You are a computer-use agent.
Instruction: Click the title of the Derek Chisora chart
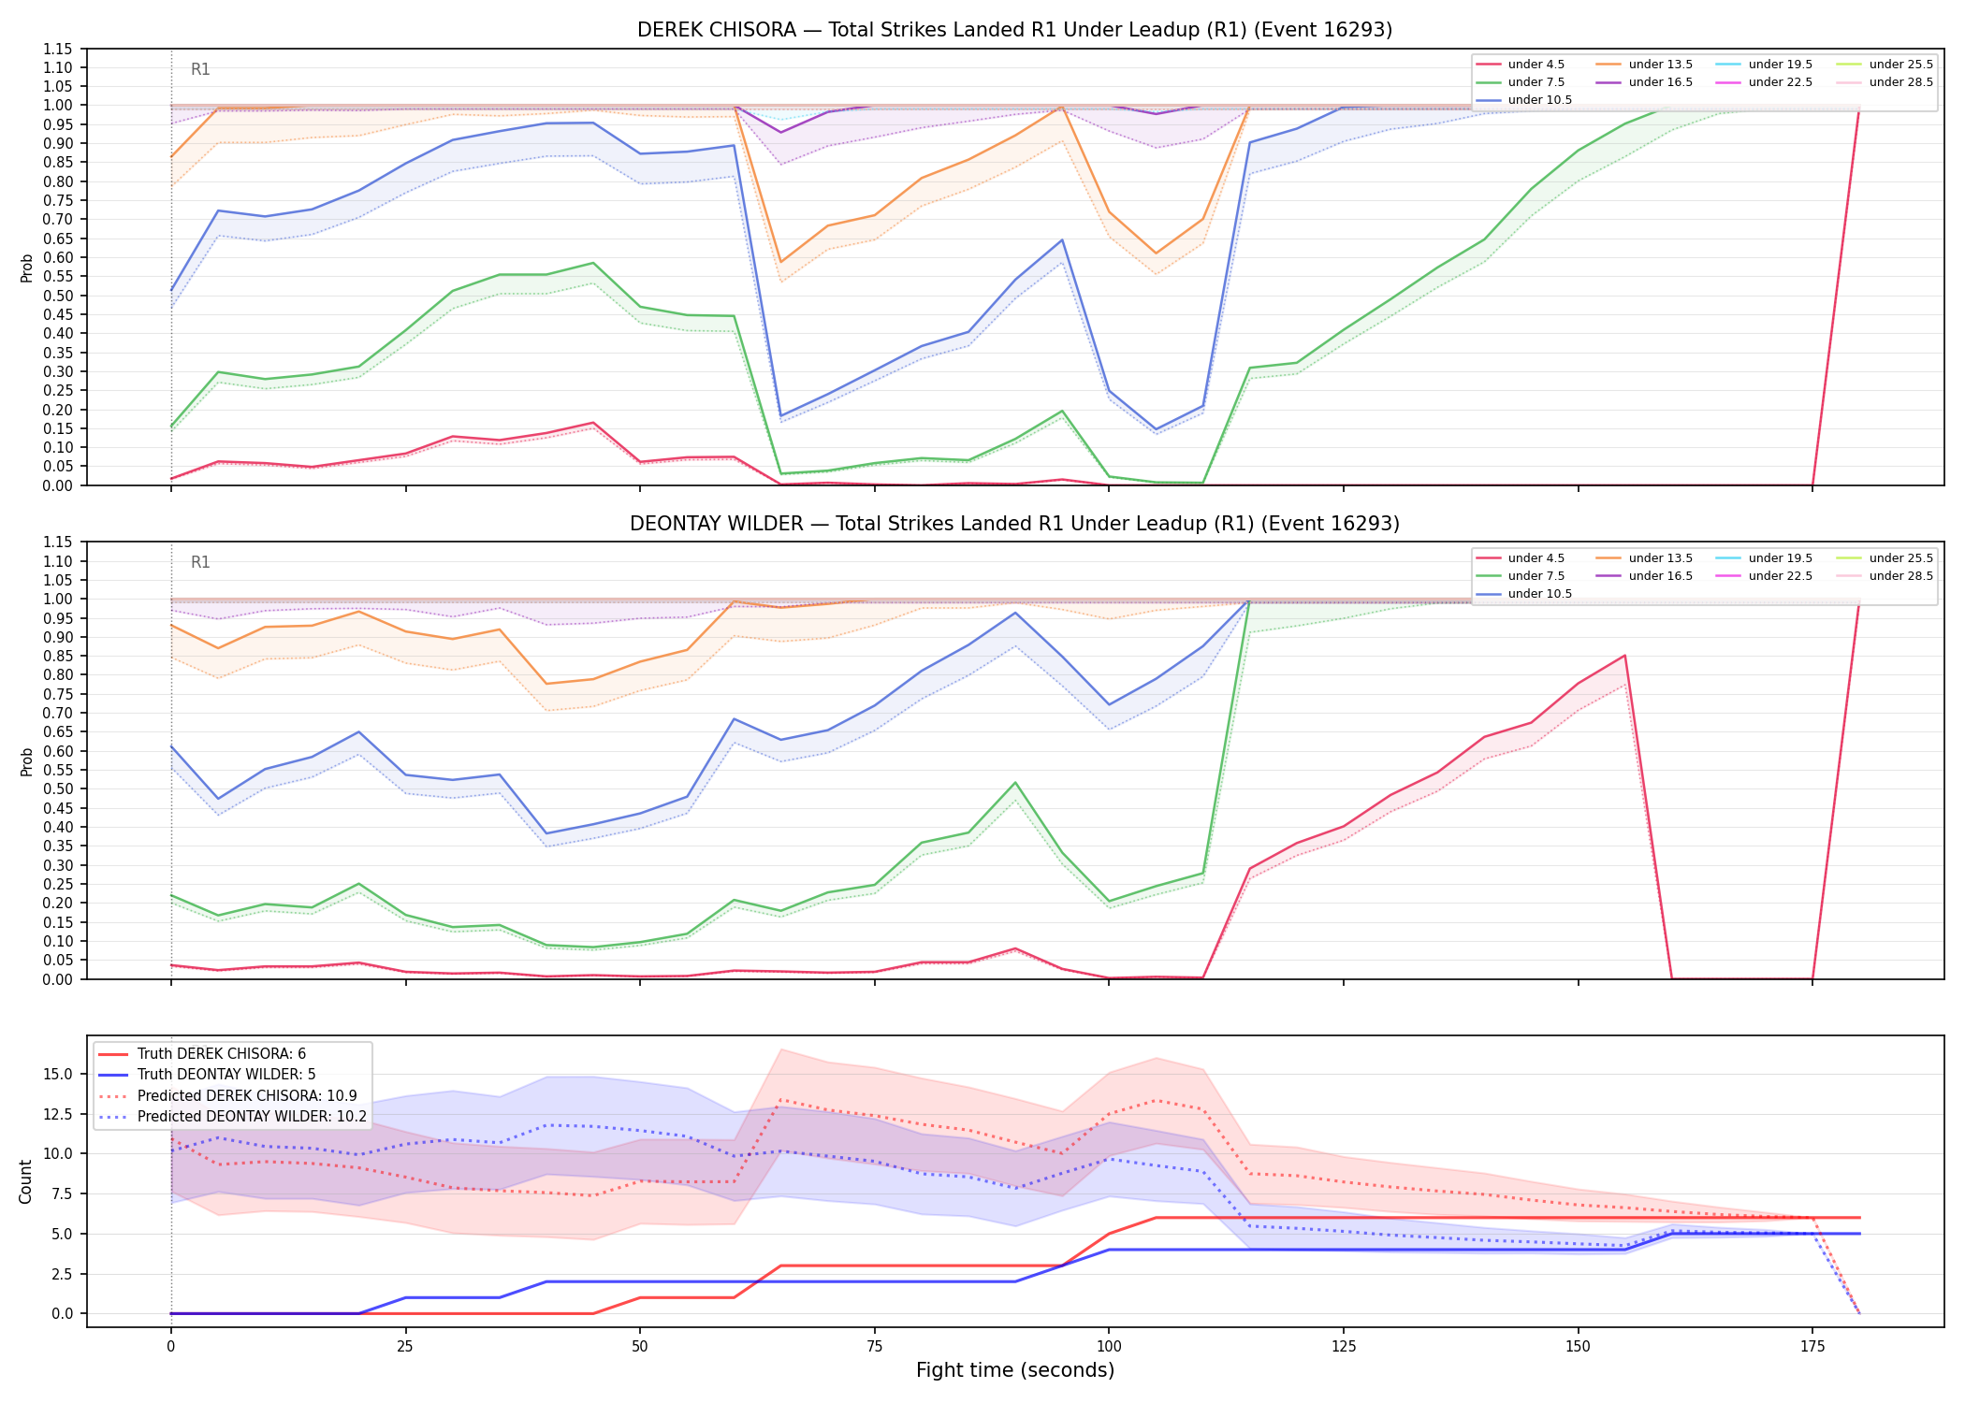tap(1014, 30)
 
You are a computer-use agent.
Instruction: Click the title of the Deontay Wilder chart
tap(1014, 524)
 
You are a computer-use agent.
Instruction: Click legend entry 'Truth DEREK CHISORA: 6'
tap(222, 1054)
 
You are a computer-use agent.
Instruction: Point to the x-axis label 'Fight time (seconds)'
tap(1015, 1370)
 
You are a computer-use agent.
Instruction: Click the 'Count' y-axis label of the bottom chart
tap(25, 1181)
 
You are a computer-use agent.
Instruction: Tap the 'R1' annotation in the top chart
tap(200, 69)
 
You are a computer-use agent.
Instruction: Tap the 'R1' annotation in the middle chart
tap(200, 562)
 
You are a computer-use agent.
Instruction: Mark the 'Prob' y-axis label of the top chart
tap(27, 268)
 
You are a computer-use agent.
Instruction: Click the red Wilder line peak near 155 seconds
tap(1624, 656)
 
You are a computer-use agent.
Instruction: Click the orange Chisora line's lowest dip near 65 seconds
tap(781, 262)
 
